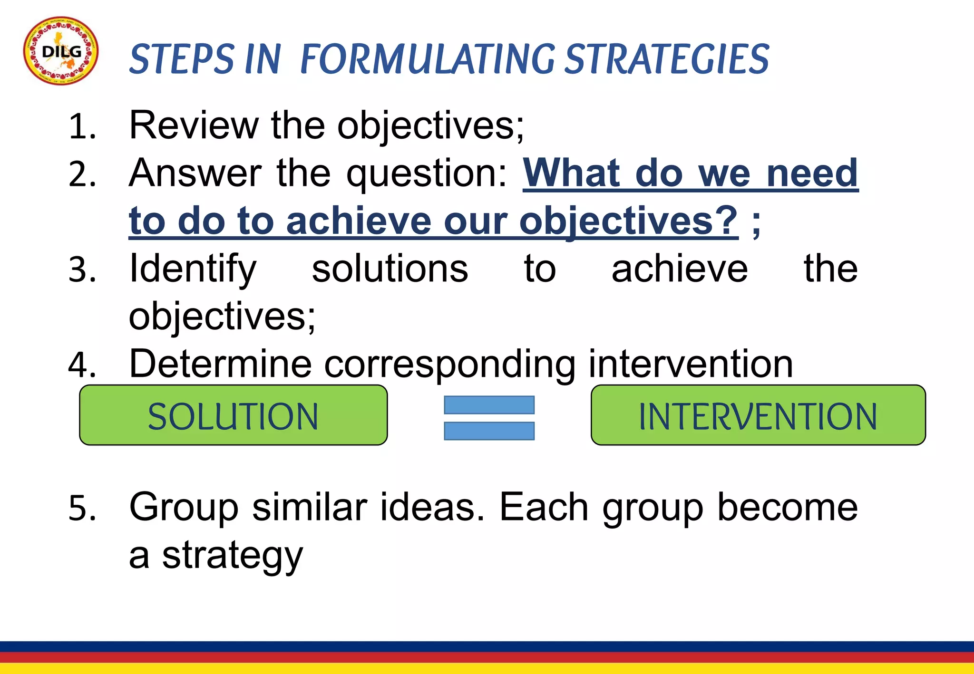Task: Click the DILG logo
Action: tap(61, 51)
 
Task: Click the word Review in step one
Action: tap(194, 125)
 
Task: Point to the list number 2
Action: tap(82, 174)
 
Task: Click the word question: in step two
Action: tap(427, 174)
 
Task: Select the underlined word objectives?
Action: tap(628, 221)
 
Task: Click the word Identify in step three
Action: tap(193, 270)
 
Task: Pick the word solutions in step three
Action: tap(390, 270)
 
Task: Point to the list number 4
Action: tap(82, 365)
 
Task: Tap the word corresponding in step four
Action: tap(450, 365)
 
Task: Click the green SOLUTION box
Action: tap(233, 415)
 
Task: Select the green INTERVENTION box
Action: tap(758, 415)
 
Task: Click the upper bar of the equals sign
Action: tap(489, 405)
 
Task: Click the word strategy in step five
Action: tap(232, 556)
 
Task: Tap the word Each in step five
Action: tap(544, 508)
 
